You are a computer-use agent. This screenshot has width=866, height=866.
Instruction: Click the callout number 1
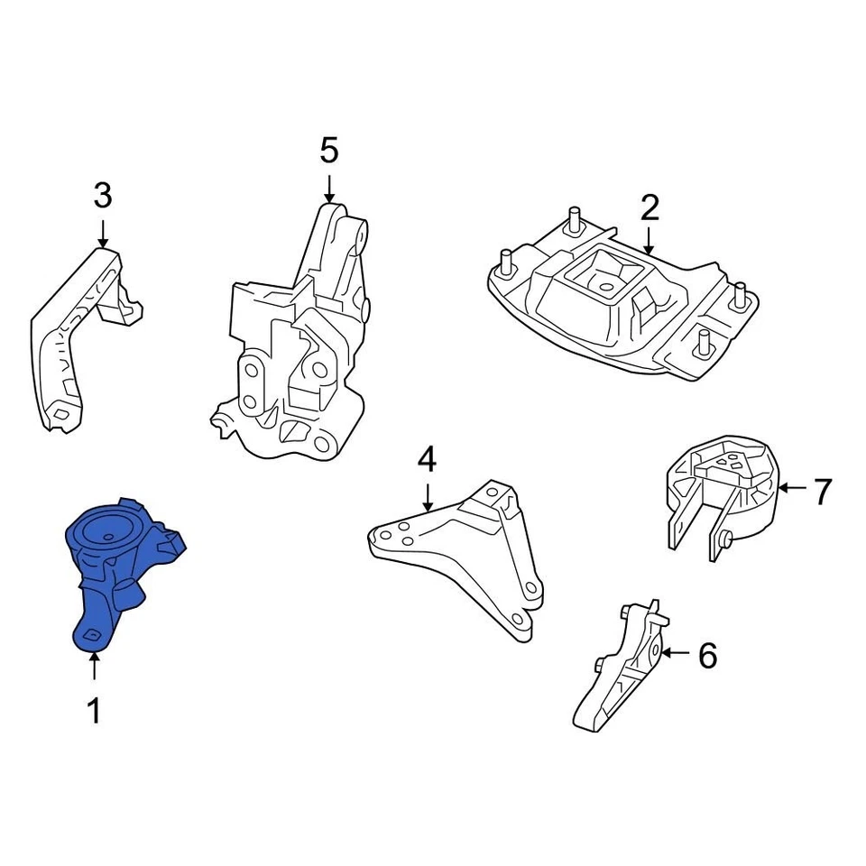tap(94, 712)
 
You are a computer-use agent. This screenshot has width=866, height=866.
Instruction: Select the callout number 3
tap(103, 194)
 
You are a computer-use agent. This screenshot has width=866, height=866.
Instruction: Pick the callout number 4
tap(427, 460)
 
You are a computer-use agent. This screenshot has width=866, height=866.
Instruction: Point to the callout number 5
tap(329, 151)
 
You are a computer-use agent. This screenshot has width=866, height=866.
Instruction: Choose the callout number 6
tap(708, 656)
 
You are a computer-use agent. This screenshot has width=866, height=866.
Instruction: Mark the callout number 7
tap(821, 492)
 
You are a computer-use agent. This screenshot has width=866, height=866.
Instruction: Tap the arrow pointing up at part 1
tap(94, 668)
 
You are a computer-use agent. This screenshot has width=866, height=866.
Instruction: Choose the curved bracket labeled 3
tap(77, 334)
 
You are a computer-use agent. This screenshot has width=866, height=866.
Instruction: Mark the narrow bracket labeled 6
tap(622, 668)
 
